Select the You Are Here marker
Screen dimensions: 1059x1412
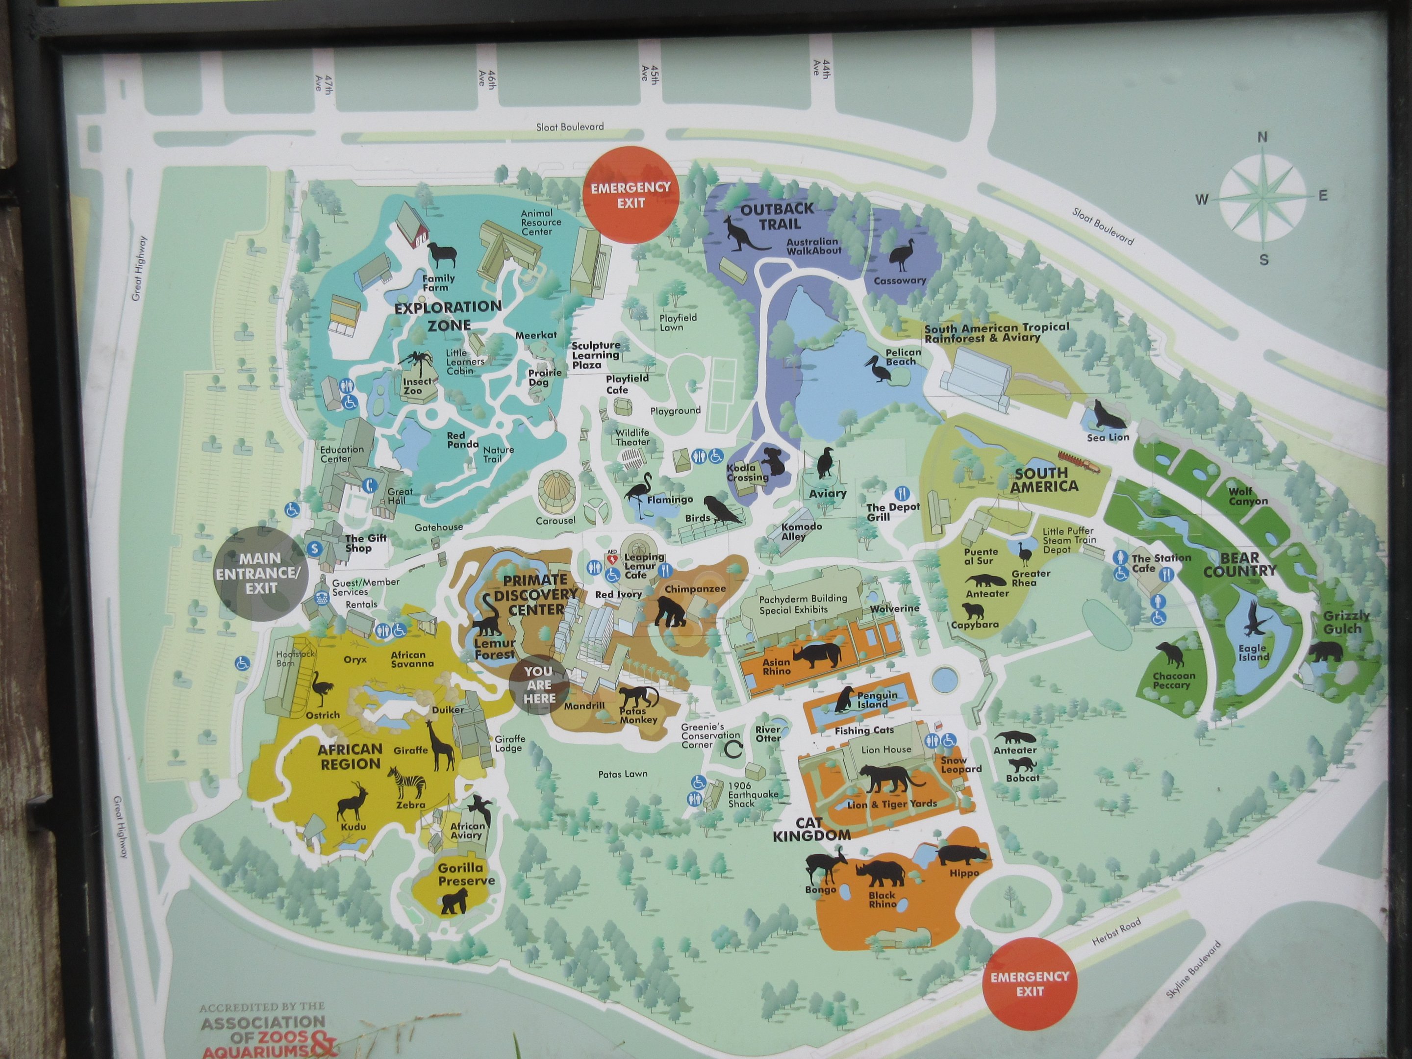539,685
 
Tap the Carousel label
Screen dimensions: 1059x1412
555,520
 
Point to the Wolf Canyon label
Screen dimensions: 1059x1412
1248,496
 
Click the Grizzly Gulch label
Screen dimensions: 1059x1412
1346,622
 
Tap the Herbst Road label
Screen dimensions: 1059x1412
1116,933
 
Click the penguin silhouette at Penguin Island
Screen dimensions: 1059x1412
845,700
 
